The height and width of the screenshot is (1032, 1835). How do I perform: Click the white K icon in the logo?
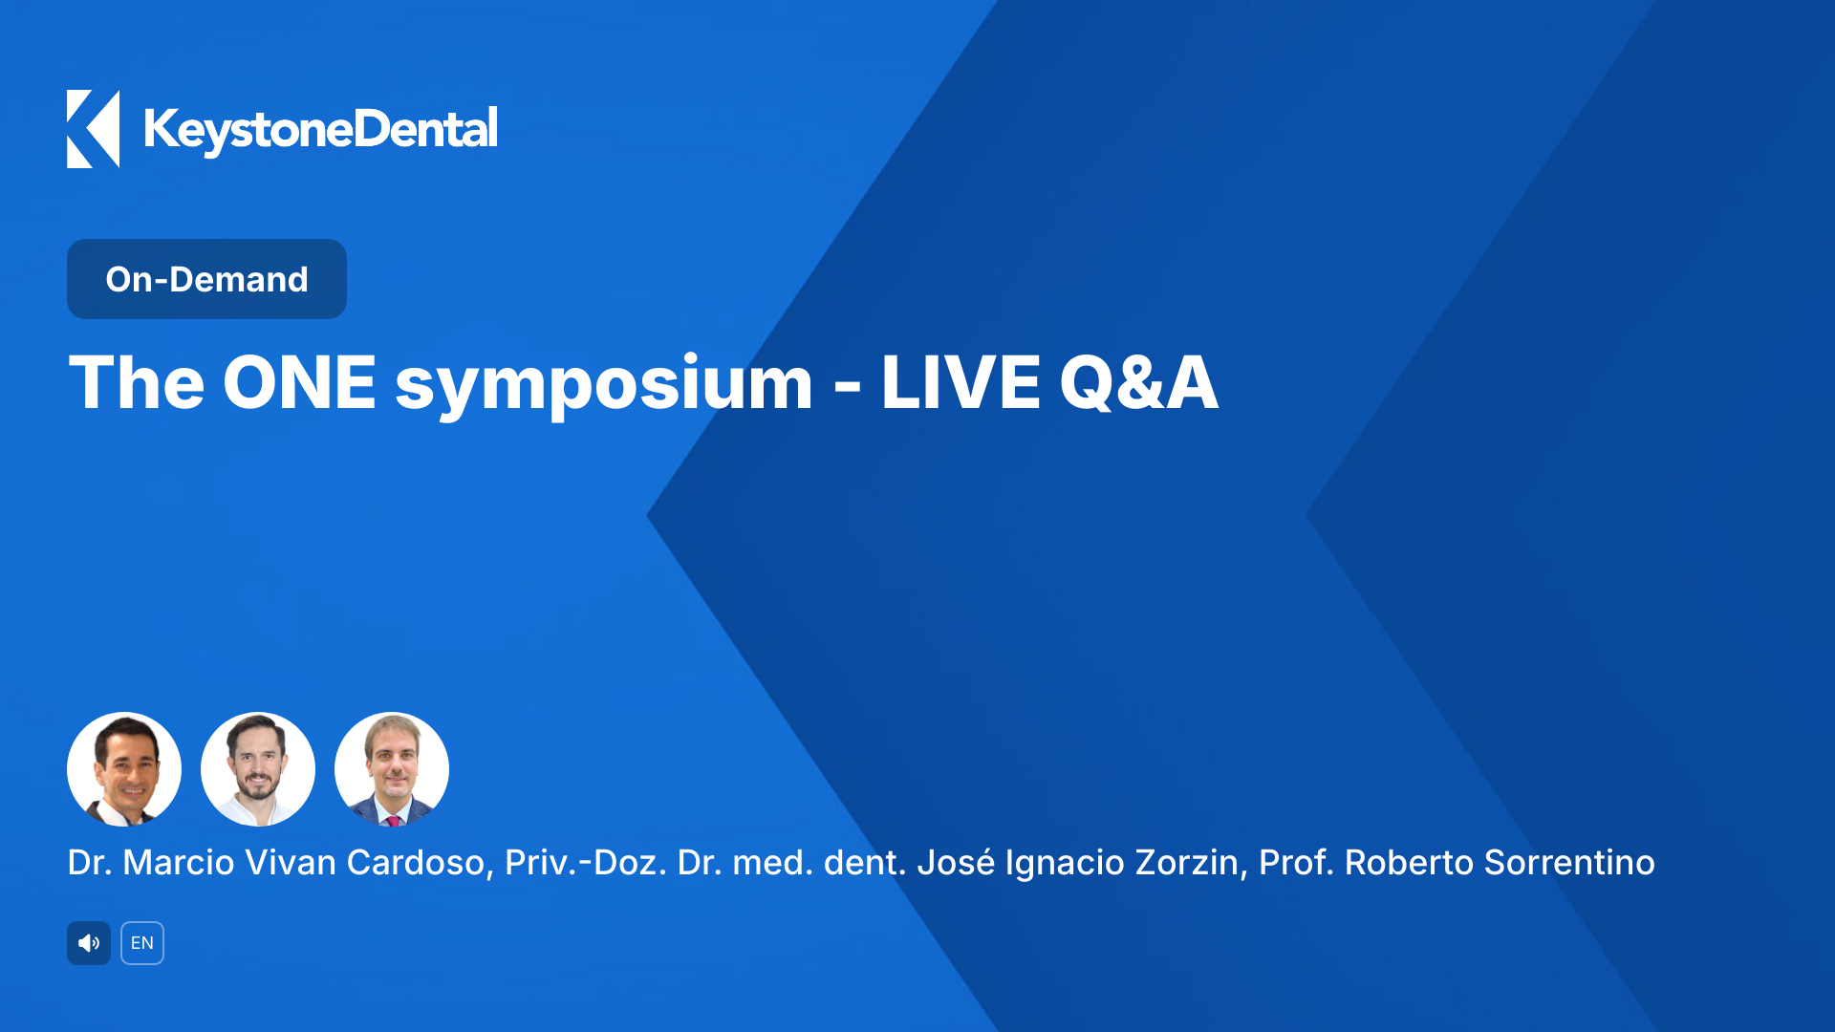(x=93, y=129)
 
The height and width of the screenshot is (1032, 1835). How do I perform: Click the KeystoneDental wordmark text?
(x=320, y=130)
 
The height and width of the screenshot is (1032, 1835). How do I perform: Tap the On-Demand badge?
(x=206, y=279)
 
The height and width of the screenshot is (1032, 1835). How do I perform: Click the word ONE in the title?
(x=299, y=383)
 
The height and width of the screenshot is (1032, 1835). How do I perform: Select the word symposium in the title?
(x=603, y=383)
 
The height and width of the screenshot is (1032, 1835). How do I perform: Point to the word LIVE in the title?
(x=960, y=383)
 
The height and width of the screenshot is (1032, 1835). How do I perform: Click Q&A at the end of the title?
(x=1138, y=383)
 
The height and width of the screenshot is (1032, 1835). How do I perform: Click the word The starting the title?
(x=137, y=383)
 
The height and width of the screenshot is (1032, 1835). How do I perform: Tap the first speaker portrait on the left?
(x=124, y=769)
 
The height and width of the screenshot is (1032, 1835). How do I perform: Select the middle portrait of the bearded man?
(x=258, y=769)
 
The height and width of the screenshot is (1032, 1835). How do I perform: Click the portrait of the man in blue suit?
(x=392, y=769)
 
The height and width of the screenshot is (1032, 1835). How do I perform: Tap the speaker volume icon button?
(x=89, y=943)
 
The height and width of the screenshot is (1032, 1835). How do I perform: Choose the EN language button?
(x=142, y=943)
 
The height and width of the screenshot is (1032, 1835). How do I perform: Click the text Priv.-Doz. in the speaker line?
(x=585, y=863)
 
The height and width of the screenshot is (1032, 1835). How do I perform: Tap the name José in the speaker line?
(x=956, y=863)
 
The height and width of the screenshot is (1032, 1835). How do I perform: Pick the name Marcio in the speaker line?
(x=179, y=863)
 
